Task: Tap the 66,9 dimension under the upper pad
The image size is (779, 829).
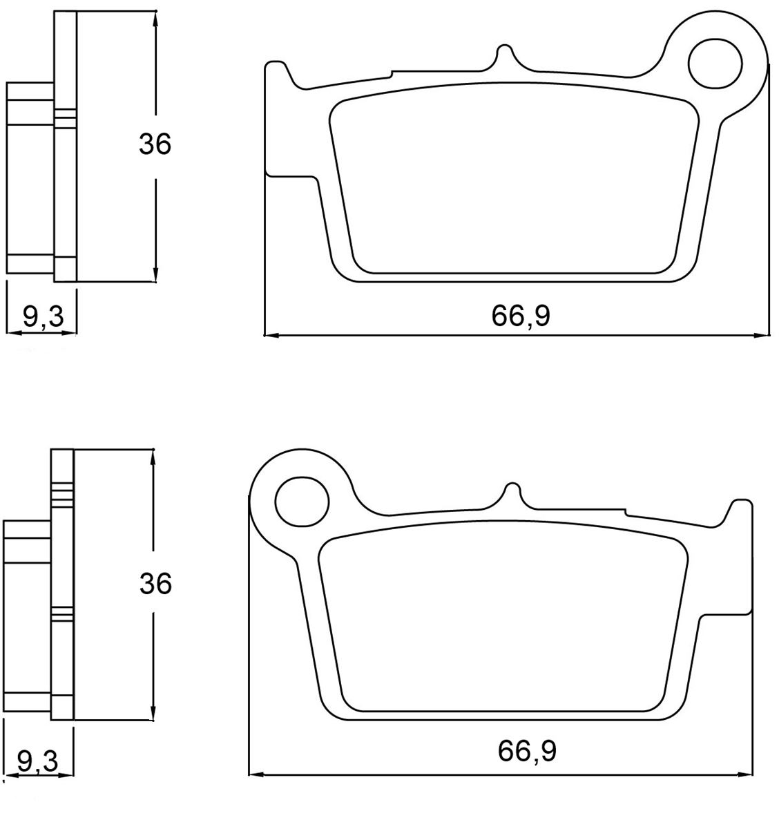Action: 521,316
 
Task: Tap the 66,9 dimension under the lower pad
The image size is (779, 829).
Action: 527,752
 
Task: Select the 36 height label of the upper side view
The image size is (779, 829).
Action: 155,144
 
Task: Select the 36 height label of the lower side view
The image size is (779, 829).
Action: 155,583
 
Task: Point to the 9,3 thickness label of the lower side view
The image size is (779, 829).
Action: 37,761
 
